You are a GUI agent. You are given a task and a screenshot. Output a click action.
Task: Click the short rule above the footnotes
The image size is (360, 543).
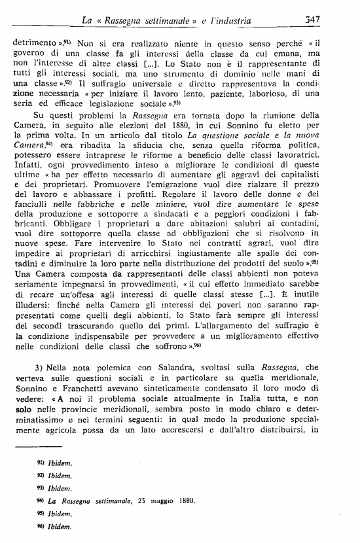(37, 446)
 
